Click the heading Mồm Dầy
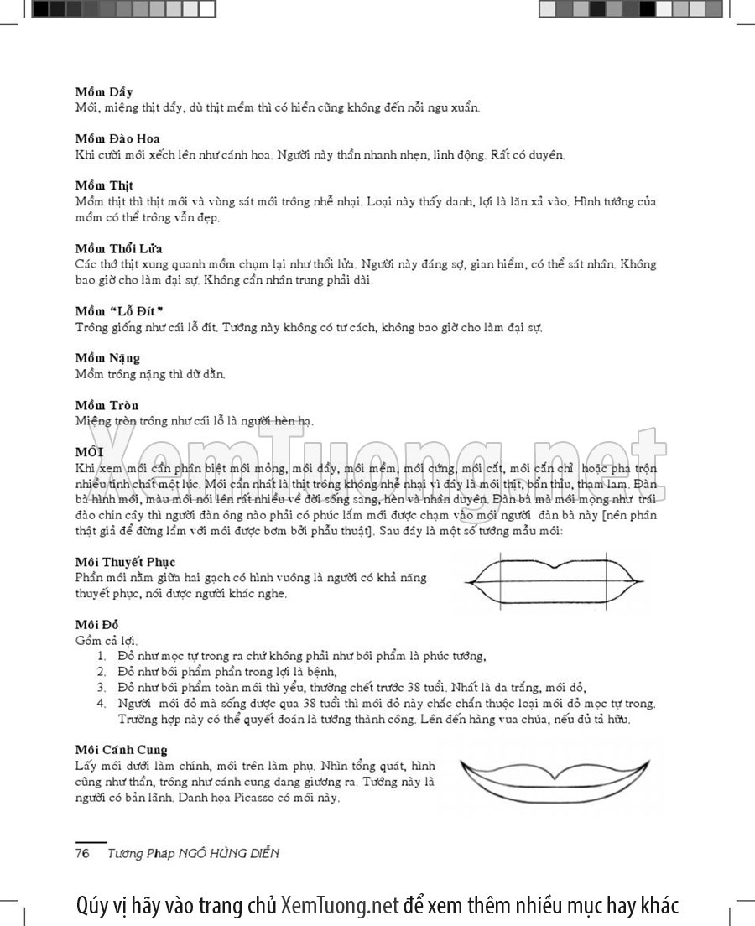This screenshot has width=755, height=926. click(x=103, y=91)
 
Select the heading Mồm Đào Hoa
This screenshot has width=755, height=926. click(x=117, y=138)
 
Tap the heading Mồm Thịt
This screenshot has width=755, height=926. click(x=104, y=185)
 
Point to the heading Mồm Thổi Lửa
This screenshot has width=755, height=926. click(x=118, y=248)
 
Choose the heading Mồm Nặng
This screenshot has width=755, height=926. click(x=107, y=358)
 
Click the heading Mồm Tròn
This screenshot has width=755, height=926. click(x=107, y=405)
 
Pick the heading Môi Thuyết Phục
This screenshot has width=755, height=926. click(x=125, y=561)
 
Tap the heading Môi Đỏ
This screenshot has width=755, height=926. click(x=97, y=624)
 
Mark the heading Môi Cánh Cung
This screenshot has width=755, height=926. click(x=121, y=750)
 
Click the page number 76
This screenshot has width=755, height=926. click(x=83, y=853)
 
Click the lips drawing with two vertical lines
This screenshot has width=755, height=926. click(x=555, y=580)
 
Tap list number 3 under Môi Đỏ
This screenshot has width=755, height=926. click(x=101, y=687)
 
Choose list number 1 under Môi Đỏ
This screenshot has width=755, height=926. click(x=101, y=655)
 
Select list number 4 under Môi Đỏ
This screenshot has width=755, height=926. click(x=101, y=703)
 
